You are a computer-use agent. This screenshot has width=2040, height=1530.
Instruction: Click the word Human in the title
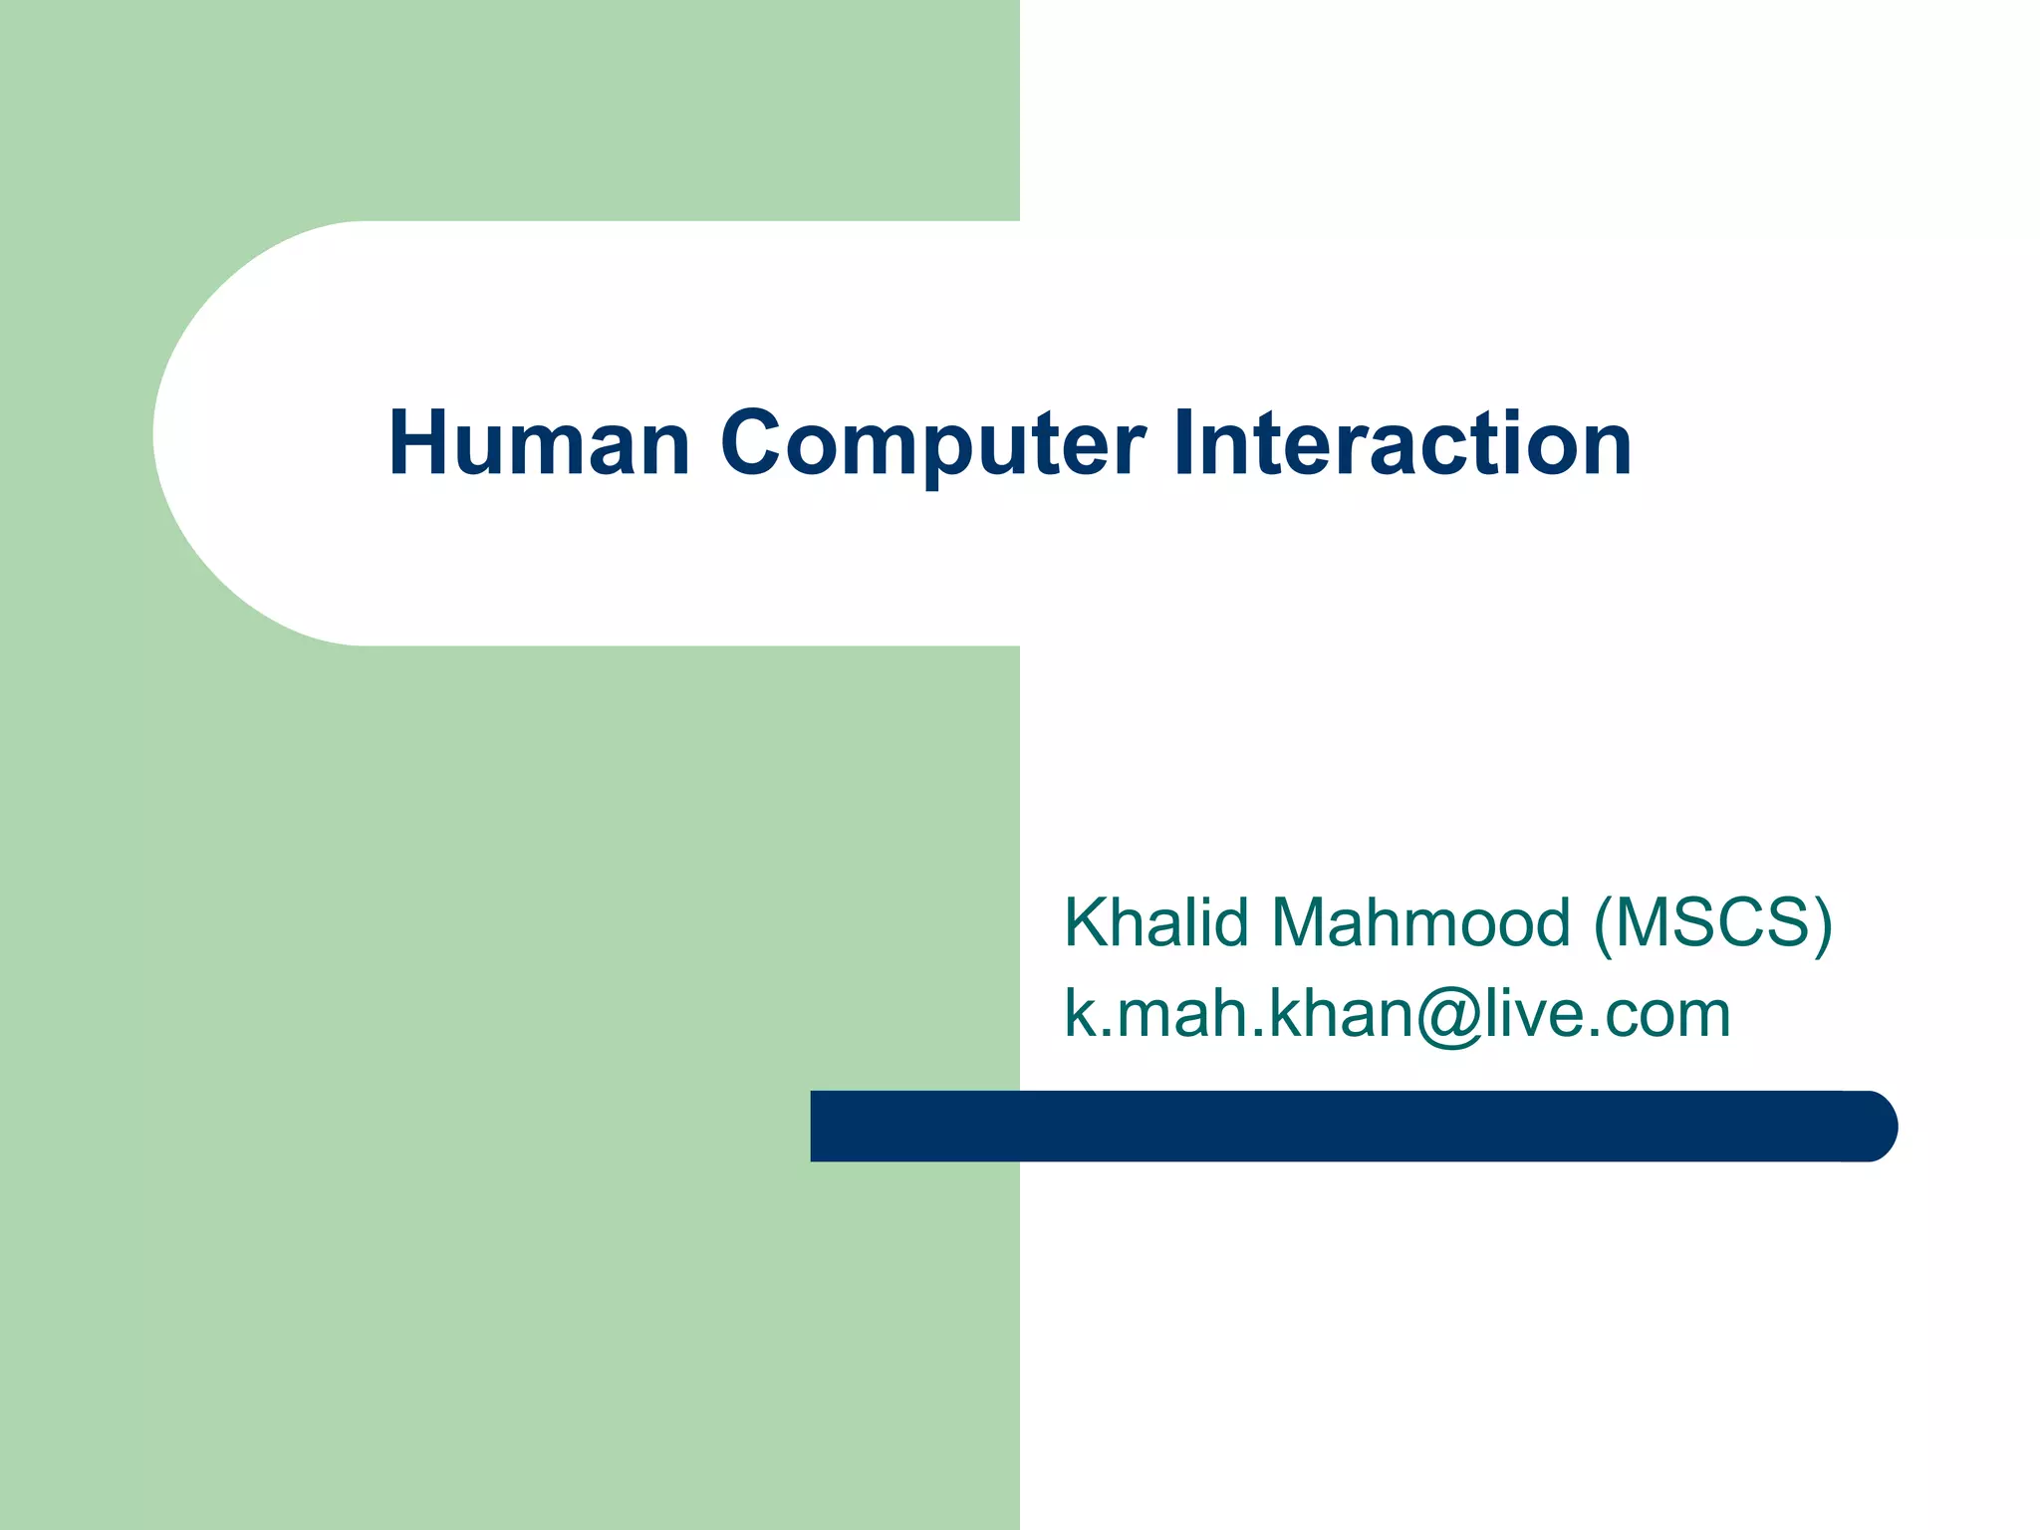pos(539,443)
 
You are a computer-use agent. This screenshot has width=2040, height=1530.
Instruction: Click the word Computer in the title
pos(932,443)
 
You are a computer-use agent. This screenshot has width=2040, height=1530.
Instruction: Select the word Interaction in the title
pos(1402,443)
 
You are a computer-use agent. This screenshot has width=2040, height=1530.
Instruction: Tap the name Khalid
pos(1155,922)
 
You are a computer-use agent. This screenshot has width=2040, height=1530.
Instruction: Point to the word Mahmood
pos(1420,922)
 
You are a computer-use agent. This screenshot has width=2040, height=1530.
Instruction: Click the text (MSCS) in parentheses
pos(1712,922)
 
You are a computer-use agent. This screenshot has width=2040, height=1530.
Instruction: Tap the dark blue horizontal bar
pos(1345,1126)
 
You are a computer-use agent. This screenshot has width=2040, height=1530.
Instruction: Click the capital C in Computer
pos(754,443)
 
